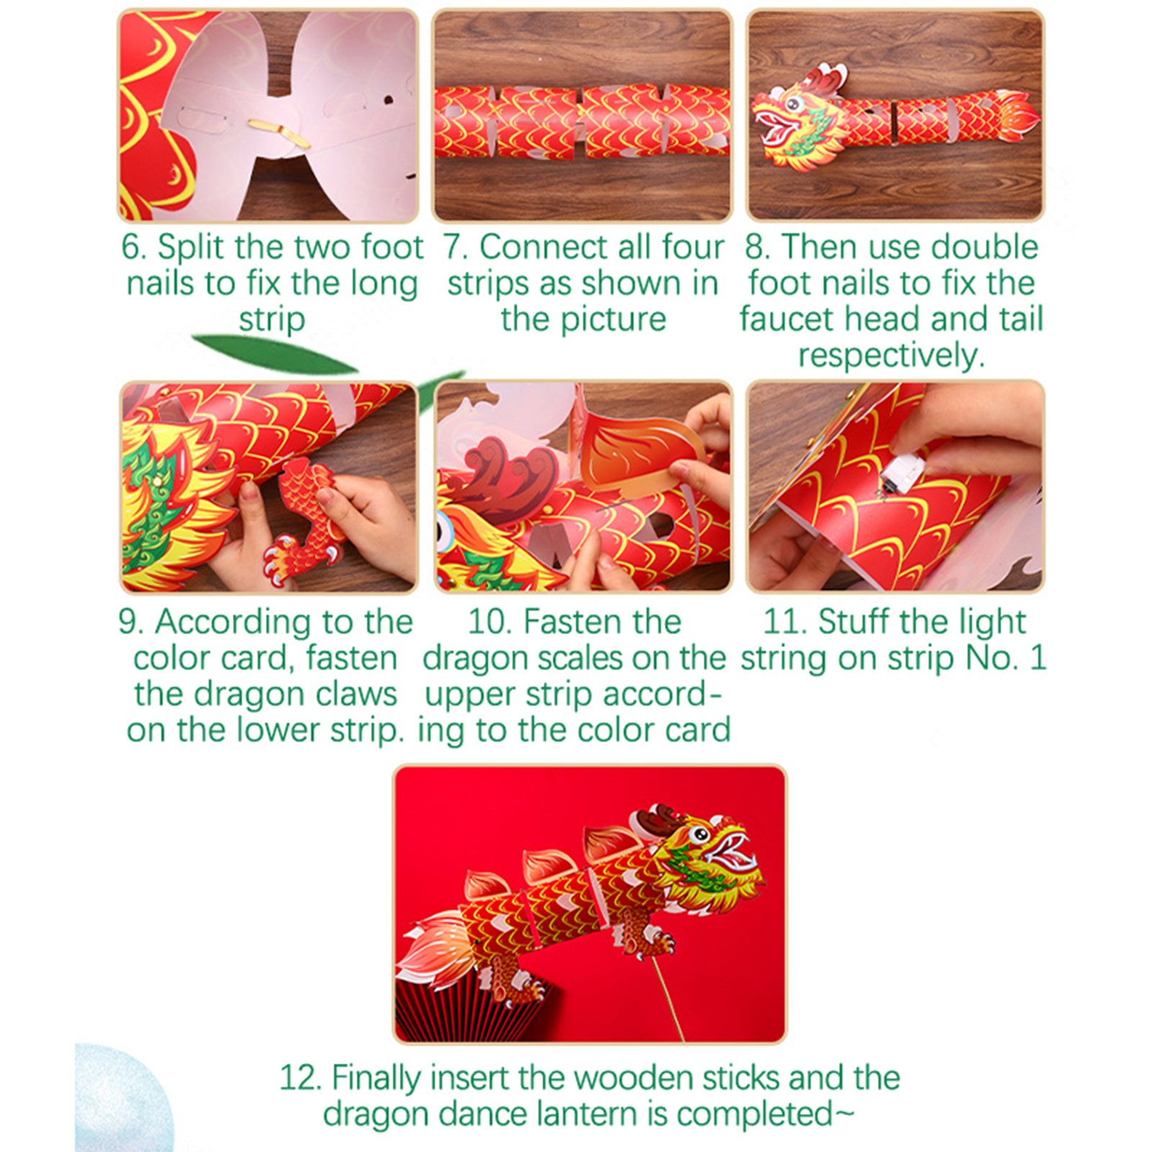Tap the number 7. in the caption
[455, 247]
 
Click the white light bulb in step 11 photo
[900, 472]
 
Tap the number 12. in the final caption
[301, 1078]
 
